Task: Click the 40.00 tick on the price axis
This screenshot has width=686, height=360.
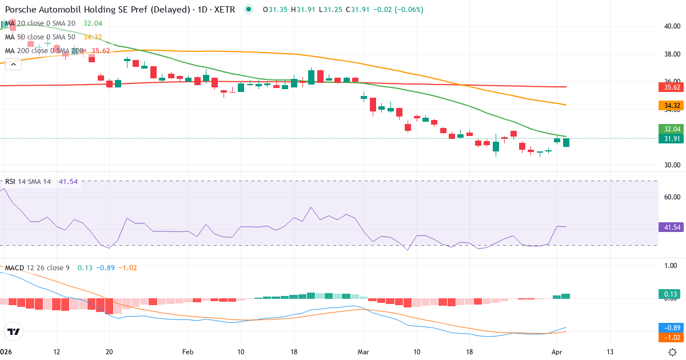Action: pyautogui.click(x=672, y=26)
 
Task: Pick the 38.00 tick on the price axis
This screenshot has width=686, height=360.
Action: pyautogui.click(x=672, y=54)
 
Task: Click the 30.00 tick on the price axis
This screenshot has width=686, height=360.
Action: pyautogui.click(x=672, y=165)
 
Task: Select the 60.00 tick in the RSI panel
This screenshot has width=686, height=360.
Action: pyautogui.click(x=672, y=197)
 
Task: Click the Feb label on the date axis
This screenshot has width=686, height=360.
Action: pyautogui.click(x=188, y=352)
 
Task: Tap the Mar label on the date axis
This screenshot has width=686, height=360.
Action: pyautogui.click(x=364, y=352)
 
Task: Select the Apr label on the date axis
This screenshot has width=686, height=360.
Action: pyautogui.click(x=558, y=352)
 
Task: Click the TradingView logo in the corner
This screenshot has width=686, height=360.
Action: pyautogui.click(x=14, y=331)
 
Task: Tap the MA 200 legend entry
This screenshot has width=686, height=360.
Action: pyautogui.click(x=43, y=50)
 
